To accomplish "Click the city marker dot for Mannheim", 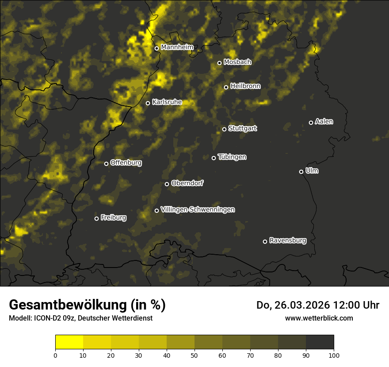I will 156,49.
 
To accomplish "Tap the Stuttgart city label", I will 242,128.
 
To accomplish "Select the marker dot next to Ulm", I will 301,172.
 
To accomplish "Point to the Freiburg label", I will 113,218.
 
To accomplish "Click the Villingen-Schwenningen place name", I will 198,210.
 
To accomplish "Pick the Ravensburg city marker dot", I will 265,241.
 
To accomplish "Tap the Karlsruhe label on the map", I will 167,102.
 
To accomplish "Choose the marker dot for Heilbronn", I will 226,87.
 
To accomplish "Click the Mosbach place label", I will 237,62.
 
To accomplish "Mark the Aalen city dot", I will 311,122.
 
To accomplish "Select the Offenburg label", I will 126,163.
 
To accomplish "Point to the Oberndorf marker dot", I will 167,184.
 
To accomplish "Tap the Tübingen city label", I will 232,157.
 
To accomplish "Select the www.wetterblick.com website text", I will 319,318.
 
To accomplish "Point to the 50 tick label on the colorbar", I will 194,355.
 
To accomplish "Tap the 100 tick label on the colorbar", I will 334,355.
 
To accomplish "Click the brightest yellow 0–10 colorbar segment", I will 69,342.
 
